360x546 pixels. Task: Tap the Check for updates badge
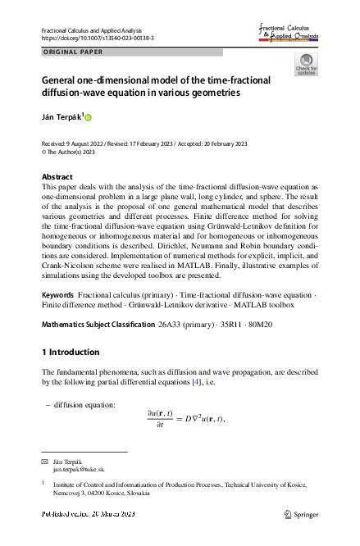[x=306, y=64]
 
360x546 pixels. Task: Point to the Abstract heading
[x=57, y=177]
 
